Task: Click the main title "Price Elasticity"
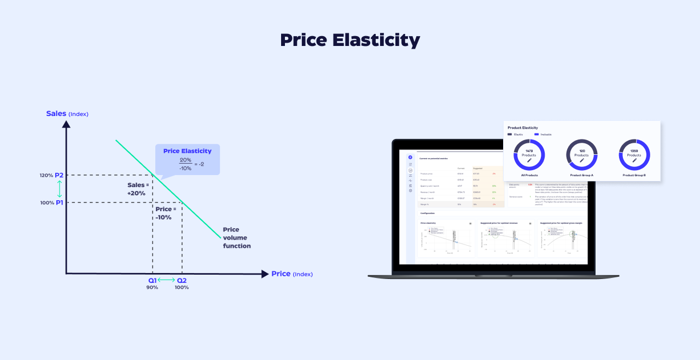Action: click(x=350, y=40)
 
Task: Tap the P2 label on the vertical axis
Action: click(x=59, y=175)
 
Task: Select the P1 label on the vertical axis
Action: click(x=59, y=202)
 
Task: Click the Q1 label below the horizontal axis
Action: click(x=152, y=280)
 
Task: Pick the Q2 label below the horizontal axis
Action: click(x=182, y=280)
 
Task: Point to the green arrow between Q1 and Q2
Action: click(x=167, y=280)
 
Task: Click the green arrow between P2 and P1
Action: click(x=60, y=189)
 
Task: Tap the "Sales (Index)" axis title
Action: click(x=67, y=114)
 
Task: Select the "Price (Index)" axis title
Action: click(x=291, y=274)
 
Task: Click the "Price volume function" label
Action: click(x=237, y=238)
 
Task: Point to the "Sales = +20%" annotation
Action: click(x=138, y=189)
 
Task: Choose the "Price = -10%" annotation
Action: click(x=166, y=213)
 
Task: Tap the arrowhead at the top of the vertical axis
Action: click(x=66, y=124)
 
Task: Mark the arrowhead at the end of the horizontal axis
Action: click(x=265, y=274)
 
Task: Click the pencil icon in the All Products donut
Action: click(x=529, y=160)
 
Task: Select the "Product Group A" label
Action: click(x=581, y=175)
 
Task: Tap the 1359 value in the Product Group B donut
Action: click(x=634, y=150)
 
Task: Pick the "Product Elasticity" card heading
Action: click(x=522, y=127)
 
